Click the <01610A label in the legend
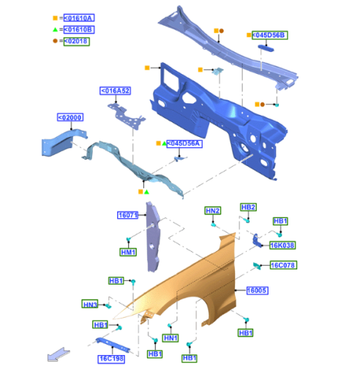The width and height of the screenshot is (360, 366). point(79,18)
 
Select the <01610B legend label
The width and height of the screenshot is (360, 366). point(79,29)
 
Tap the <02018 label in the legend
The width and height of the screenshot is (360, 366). point(76,41)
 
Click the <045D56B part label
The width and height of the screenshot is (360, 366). point(270,35)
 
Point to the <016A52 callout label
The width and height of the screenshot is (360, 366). point(116,91)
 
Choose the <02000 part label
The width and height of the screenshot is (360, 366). point(70,117)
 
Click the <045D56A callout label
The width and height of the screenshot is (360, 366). point(184,143)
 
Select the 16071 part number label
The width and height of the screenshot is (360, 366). point(128,215)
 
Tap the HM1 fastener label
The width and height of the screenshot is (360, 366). point(128,252)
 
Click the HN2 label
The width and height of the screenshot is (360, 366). point(213,211)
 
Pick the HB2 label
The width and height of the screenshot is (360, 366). point(248,207)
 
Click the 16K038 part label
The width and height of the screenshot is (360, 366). point(282,245)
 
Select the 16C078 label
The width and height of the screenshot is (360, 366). point(283,265)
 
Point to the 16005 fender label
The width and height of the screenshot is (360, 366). point(258,291)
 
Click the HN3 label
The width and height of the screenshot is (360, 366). point(90,304)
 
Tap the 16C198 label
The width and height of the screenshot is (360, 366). point(111,359)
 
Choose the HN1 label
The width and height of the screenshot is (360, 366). point(170,338)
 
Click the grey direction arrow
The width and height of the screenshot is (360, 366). point(58,354)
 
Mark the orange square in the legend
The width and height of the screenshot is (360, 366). point(56,18)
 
